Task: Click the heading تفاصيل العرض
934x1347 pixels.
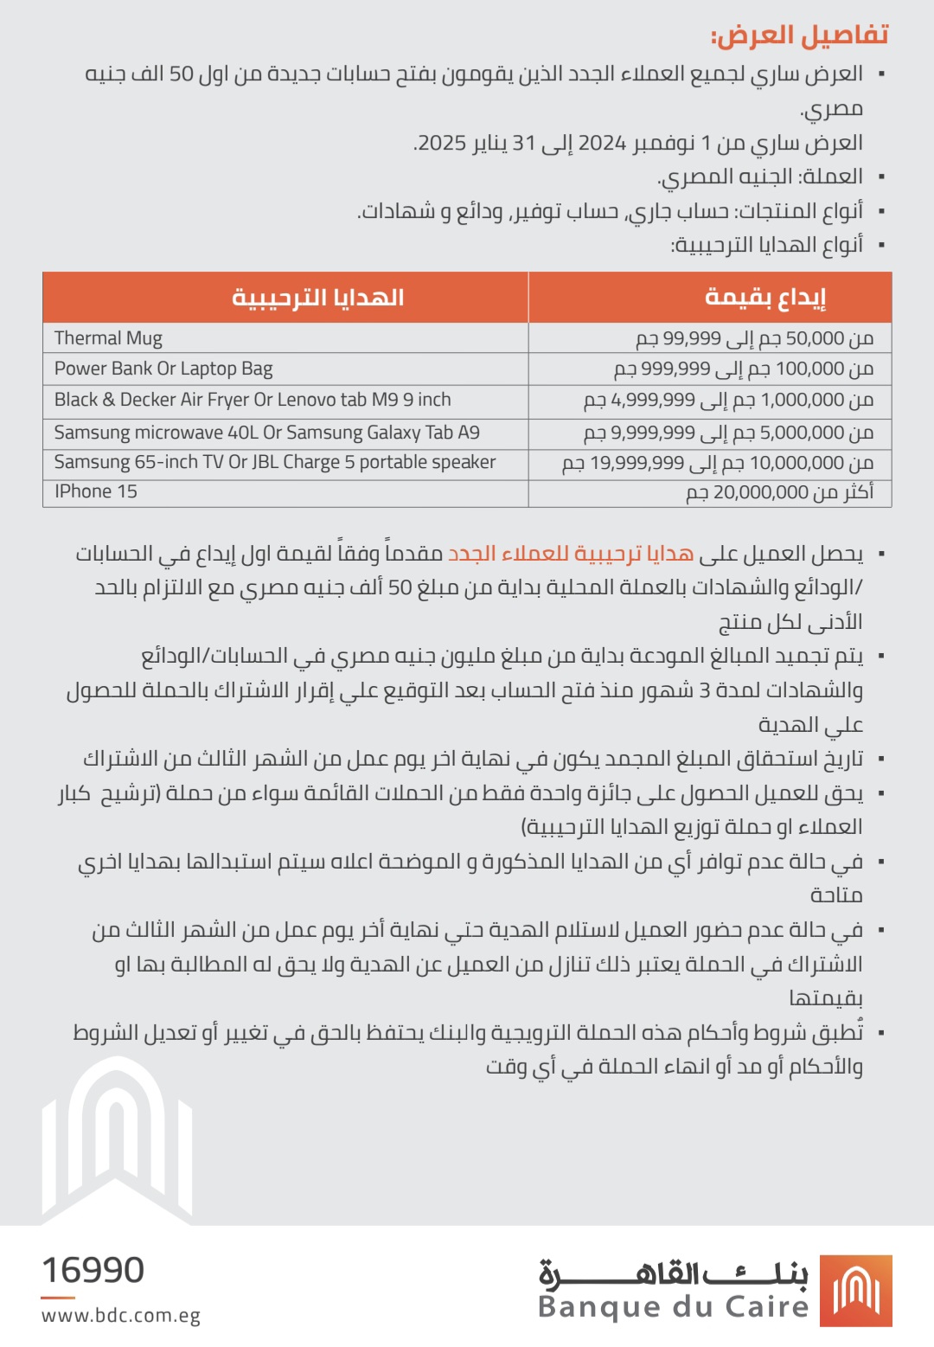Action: tap(799, 35)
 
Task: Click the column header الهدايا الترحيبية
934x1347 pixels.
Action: tap(317, 298)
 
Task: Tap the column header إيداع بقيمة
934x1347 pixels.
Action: tap(764, 298)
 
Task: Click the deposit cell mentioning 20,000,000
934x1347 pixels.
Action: tap(779, 493)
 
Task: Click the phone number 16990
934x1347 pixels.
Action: tap(93, 1270)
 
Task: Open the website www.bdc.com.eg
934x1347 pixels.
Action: tap(121, 1316)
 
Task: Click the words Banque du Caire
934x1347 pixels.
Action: tap(673, 1306)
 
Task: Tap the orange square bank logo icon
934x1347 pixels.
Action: tap(855, 1291)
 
